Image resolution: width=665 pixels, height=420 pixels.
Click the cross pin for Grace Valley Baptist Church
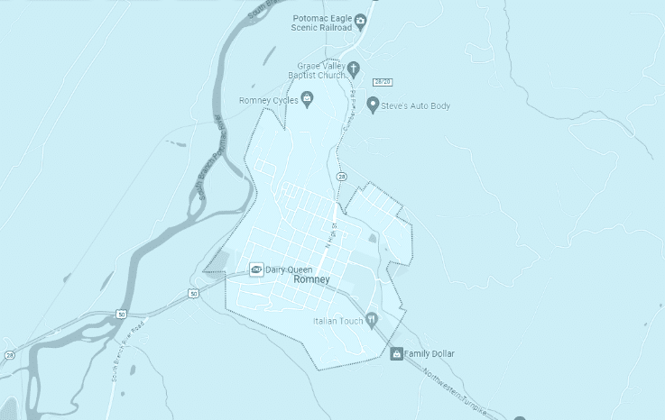coord(355,68)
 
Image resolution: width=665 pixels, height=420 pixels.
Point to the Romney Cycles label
coord(268,100)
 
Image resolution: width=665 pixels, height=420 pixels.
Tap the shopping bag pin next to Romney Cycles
coord(307,99)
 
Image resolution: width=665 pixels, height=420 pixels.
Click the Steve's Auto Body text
coord(415,106)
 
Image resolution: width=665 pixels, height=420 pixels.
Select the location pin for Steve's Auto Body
coord(372,106)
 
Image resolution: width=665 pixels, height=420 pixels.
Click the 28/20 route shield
coord(383,82)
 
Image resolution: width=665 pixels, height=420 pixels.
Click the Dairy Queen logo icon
coord(256,269)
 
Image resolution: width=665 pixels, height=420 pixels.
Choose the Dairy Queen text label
coord(288,269)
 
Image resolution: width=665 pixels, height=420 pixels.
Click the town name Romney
coord(312,280)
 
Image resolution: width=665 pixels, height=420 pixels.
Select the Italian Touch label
coord(337,321)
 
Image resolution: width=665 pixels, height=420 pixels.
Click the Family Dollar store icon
coord(396,354)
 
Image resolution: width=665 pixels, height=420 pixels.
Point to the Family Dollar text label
coord(429,354)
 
